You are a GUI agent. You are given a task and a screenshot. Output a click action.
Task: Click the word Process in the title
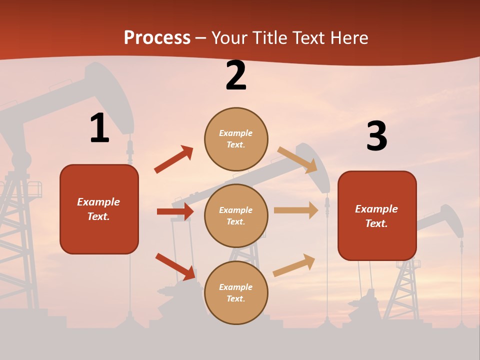tap(157, 38)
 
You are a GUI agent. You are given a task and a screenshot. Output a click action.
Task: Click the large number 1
tap(99, 128)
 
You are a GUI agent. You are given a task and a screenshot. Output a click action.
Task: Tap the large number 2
tap(236, 76)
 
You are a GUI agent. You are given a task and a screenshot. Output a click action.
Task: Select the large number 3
tap(376, 136)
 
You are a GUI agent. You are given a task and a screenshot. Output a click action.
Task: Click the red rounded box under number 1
tap(99, 209)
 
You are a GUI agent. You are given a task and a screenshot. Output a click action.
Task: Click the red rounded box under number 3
tap(377, 216)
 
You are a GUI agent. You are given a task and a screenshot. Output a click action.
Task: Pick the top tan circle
tap(236, 139)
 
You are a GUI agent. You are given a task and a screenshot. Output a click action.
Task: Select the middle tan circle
tap(236, 215)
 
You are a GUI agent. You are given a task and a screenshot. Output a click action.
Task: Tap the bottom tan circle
tap(236, 292)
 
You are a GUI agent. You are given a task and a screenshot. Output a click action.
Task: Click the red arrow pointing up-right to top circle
tap(173, 159)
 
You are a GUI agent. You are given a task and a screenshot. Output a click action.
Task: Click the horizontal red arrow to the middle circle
tap(175, 211)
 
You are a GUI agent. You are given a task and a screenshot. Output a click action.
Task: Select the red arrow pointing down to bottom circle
tap(175, 266)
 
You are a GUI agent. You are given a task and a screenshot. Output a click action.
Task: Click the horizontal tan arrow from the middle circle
tap(296, 210)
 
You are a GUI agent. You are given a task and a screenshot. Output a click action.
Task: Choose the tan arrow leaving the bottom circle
tap(294, 265)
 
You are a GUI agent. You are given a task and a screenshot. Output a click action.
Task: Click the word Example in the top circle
tap(235, 133)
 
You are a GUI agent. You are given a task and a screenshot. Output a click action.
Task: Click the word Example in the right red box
tap(376, 209)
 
